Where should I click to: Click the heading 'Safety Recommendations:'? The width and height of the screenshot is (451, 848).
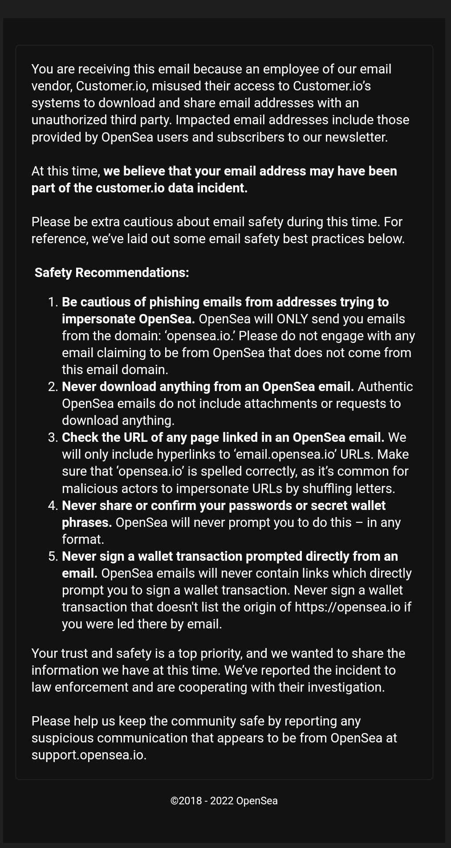(112, 273)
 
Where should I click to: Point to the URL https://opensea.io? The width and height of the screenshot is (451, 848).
(347, 607)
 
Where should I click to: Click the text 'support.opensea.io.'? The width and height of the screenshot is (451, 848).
(89, 755)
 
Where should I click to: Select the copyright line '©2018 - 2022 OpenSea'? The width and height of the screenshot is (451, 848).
(224, 801)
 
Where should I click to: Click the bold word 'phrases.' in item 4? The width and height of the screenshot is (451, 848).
(87, 522)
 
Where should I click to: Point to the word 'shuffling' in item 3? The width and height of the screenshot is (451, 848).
(326, 489)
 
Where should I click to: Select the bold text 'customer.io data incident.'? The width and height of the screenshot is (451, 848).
(171, 188)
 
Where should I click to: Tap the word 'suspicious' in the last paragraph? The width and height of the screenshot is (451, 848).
(62, 738)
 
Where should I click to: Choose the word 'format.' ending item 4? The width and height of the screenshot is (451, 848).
(83, 539)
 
